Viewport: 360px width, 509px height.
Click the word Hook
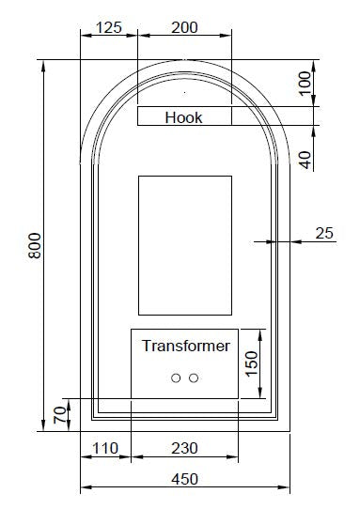point(183,117)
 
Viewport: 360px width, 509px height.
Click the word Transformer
point(186,346)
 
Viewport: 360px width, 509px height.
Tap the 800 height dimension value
point(35,246)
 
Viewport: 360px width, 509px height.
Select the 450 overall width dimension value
point(184,479)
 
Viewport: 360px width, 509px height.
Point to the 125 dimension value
point(109,27)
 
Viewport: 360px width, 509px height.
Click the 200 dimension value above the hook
point(184,27)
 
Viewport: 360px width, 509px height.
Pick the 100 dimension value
point(305,83)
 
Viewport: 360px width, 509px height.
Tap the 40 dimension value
point(305,160)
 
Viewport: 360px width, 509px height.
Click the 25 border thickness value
point(324,233)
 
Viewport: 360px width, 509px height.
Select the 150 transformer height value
point(252,363)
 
